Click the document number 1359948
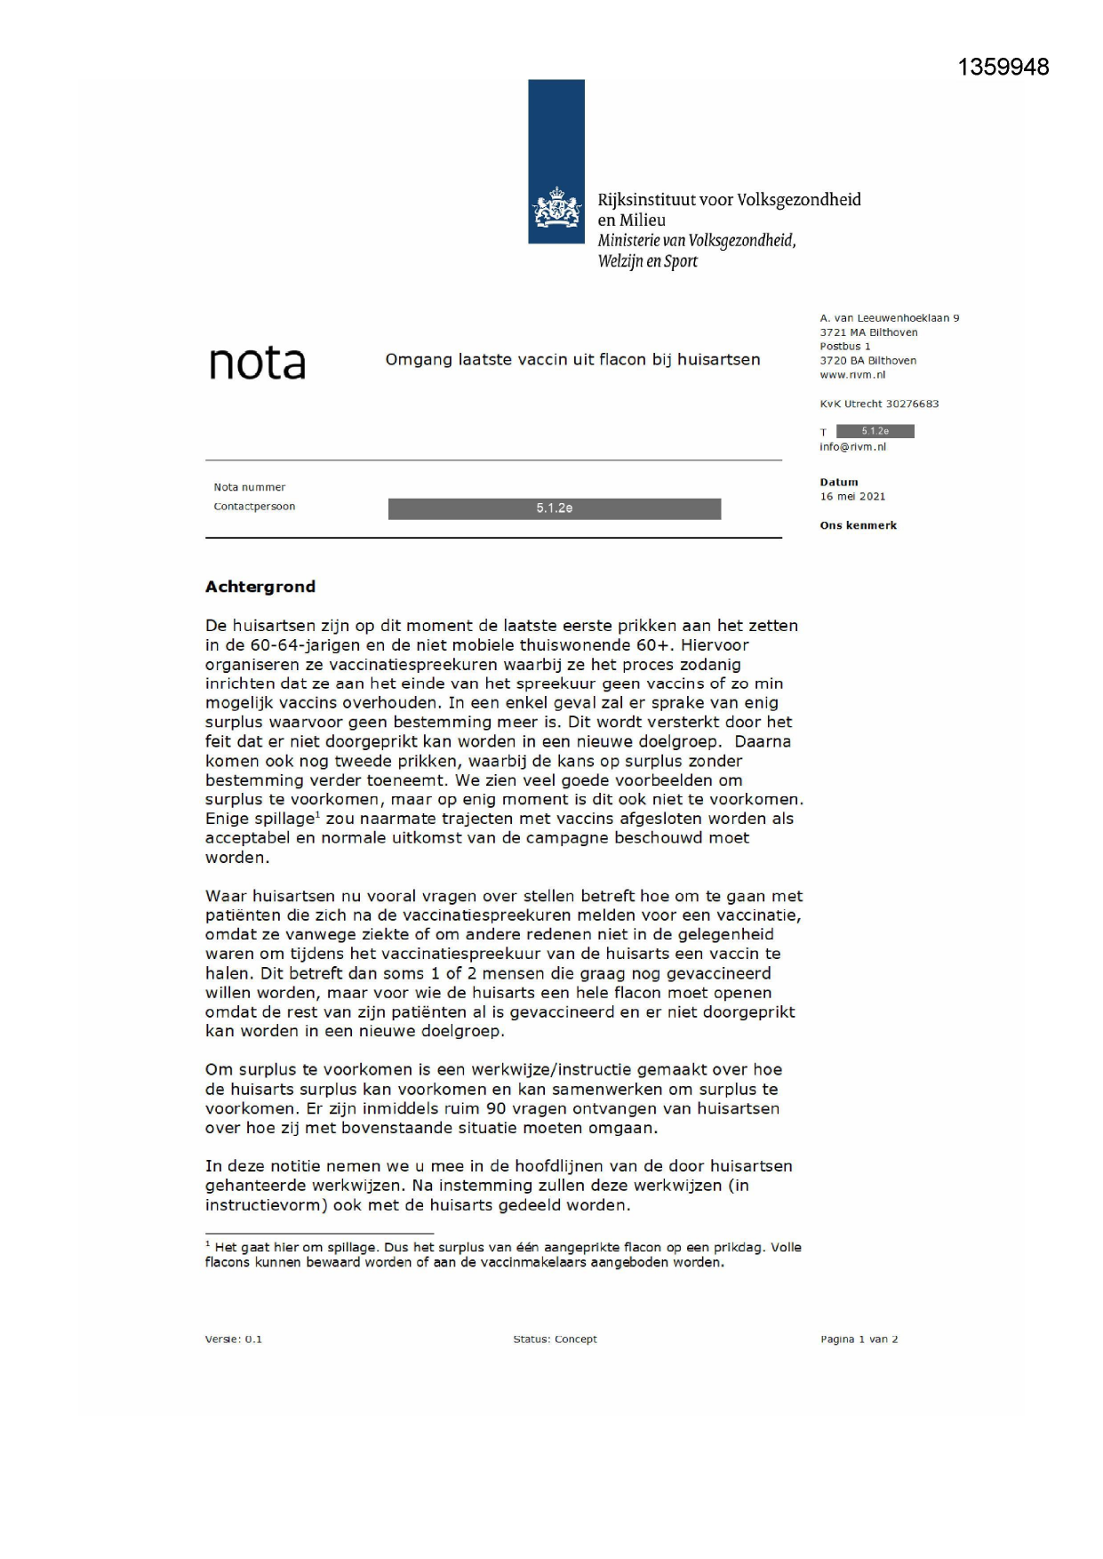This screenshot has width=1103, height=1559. [1003, 68]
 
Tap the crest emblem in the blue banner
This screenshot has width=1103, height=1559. [556, 208]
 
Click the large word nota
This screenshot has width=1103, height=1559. [257, 363]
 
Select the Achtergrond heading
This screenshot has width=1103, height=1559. [260, 587]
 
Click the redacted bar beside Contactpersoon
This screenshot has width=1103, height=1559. [554, 508]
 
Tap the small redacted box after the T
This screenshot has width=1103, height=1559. [875, 431]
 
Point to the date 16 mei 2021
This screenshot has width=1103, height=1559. [852, 497]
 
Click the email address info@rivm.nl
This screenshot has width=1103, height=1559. [852, 447]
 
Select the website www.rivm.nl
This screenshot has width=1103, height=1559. [852, 375]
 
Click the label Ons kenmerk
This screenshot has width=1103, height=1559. [858, 525]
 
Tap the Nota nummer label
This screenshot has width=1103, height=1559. [249, 487]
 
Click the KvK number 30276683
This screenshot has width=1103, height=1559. [912, 404]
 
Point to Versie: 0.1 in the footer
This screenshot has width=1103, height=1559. [233, 1339]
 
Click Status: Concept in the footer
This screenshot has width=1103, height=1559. [555, 1339]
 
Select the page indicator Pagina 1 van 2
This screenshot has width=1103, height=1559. [859, 1339]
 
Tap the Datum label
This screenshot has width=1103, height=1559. [839, 483]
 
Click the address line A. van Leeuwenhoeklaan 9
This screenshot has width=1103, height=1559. [889, 318]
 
